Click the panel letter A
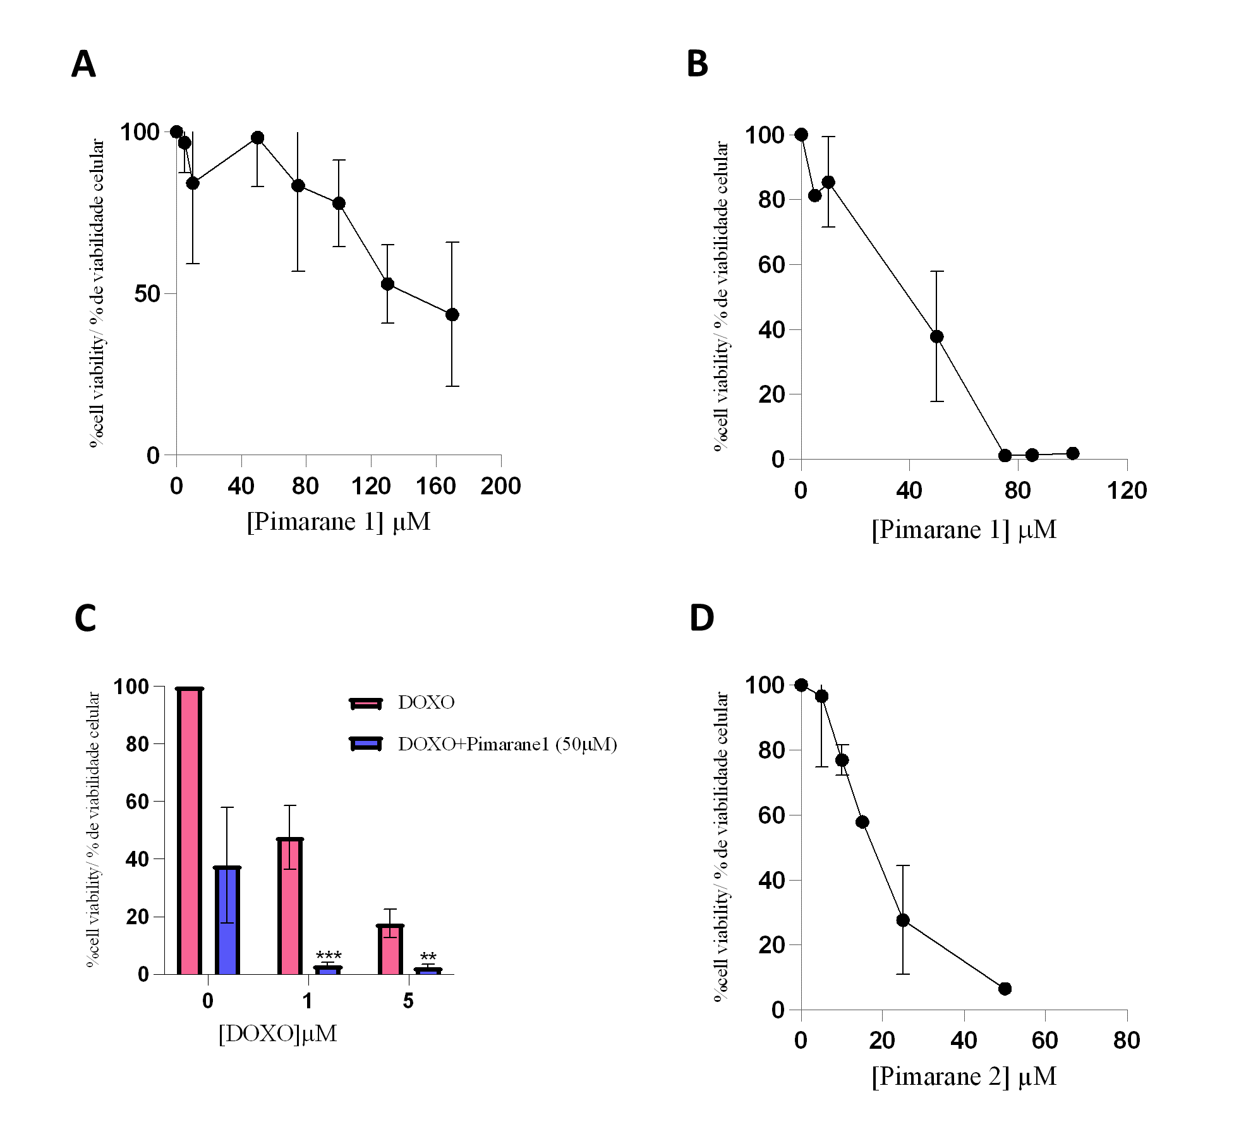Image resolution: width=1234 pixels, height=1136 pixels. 83,64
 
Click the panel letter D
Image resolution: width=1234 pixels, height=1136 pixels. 701,618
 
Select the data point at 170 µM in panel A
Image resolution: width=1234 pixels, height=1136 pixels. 452,315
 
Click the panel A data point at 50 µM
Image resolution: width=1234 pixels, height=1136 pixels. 257,138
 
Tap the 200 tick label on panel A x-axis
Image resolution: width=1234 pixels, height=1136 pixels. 500,486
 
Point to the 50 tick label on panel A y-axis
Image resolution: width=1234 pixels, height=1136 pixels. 147,294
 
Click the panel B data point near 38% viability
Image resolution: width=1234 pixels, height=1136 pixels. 936,336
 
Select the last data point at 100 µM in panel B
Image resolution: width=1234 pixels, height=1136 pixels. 1072,453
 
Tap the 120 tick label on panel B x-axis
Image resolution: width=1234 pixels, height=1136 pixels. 1127,491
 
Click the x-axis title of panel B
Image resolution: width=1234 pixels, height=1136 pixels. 964,530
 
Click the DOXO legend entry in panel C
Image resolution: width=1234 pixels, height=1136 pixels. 426,702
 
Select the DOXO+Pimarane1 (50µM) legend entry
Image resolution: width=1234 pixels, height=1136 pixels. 507,744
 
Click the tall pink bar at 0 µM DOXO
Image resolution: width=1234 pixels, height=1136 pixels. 190,831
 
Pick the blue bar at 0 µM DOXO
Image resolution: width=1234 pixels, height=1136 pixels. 227,920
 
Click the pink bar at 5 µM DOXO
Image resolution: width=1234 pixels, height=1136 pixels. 390,950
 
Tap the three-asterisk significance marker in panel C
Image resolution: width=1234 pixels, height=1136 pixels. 329,955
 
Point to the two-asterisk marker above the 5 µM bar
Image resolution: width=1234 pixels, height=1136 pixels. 428,956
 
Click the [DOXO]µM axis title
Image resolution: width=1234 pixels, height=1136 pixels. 277,1033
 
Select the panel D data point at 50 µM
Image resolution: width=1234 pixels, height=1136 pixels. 1005,988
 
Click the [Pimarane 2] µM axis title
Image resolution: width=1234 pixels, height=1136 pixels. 964,1076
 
